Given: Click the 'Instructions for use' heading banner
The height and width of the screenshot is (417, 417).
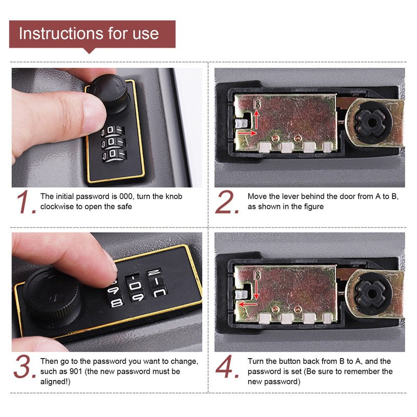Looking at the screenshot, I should point(89,34).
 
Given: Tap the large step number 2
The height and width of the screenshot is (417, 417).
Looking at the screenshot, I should point(227,202).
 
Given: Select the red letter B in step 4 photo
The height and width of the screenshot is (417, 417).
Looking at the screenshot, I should point(256,275).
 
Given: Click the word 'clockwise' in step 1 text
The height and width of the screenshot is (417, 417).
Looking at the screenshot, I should point(58,206).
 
